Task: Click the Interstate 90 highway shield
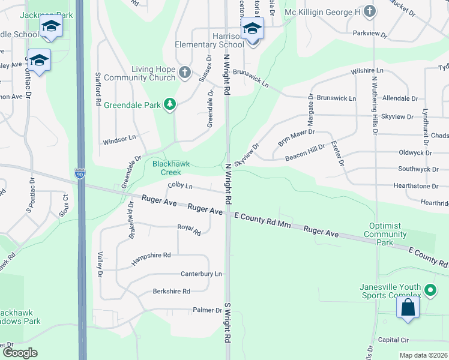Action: (80, 174)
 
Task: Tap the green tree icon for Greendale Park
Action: (170, 104)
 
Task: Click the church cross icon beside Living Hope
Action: (184, 73)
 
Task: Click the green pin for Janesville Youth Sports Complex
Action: (430, 291)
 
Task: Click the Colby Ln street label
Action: (180, 187)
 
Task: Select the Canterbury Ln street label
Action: (201, 274)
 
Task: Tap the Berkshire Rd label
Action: (171, 291)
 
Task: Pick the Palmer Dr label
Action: (207, 310)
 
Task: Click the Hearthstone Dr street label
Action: (421, 187)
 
